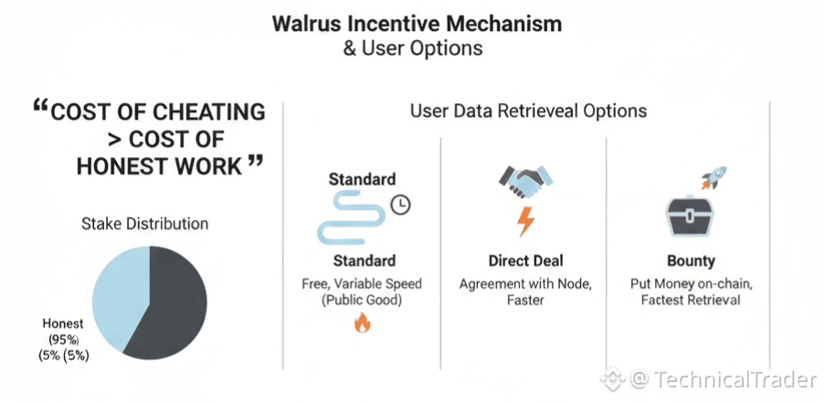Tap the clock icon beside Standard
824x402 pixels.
coord(401,205)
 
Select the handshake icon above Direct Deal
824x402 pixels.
coord(523,183)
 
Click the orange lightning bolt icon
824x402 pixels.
coord(525,221)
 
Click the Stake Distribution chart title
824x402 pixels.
coord(145,223)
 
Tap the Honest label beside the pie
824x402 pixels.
coord(63,323)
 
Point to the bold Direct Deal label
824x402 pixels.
coord(524,260)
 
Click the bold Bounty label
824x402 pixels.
coord(691,260)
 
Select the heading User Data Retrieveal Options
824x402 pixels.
coord(528,111)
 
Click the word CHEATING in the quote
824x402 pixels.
coord(206,112)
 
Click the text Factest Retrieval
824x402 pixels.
coord(691,301)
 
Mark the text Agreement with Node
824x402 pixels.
coord(524,283)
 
